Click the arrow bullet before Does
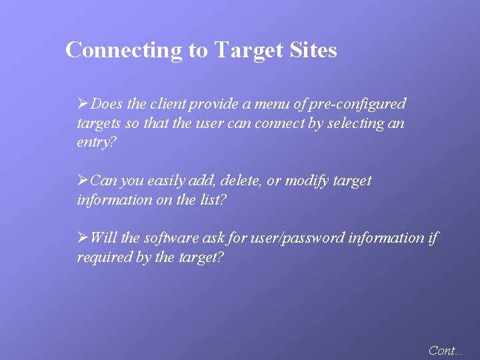click(83, 104)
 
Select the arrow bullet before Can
click(83, 181)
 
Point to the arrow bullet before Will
click(83, 238)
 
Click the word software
click(171, 238)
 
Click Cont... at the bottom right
click(445, 350)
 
